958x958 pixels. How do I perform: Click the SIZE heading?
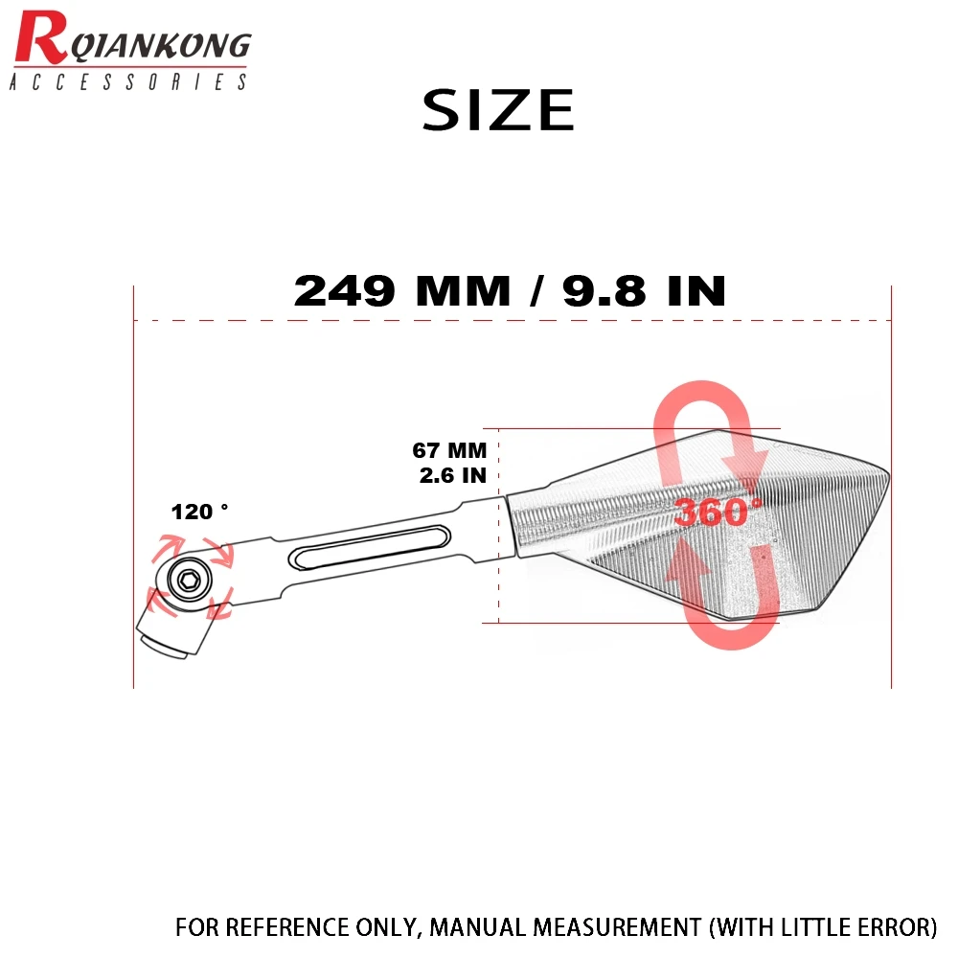tap(498, 110)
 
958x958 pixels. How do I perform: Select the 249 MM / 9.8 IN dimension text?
tap(509, 290)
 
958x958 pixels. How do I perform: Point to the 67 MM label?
tap(449, 450)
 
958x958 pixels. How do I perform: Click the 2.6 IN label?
tap(452, 474)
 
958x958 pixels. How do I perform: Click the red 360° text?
tap(718, 513)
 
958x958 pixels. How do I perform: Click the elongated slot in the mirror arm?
tap(365, 553)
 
